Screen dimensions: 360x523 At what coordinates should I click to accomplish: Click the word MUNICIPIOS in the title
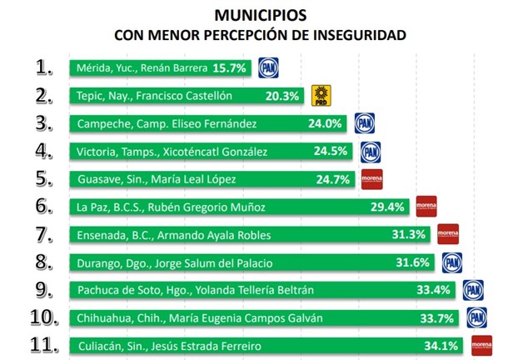(x=261, y=15)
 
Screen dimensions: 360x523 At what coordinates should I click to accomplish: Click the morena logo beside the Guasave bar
(x=371, y=179)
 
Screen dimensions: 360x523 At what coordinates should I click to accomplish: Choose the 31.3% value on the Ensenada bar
(x=408, y=235)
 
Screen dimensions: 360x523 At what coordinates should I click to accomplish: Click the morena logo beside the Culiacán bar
(x=481, y=345)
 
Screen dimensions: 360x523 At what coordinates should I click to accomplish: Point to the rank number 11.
(x=43, y=344)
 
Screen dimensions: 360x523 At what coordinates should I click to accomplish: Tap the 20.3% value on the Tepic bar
(x=281, y=96)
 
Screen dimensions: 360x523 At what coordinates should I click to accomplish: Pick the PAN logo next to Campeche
(x=364, y=123)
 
